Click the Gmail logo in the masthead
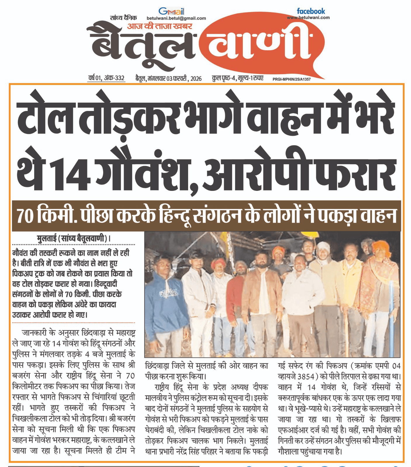point(171,11)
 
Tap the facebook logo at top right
point(311,11)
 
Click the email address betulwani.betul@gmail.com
point(176,18)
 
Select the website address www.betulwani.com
point(308,18)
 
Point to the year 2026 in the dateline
point(196,79)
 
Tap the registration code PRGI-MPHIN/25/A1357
point(292,79)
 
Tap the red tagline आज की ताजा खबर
point(159,26)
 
